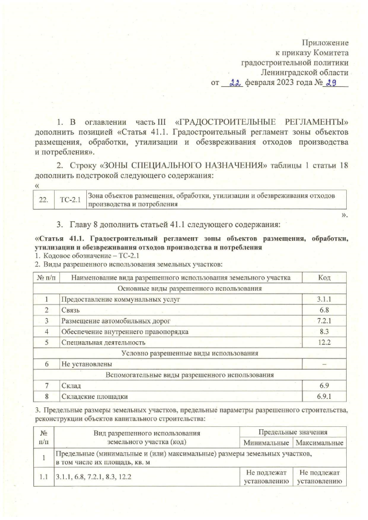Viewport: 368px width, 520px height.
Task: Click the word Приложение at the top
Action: tap(325, 43)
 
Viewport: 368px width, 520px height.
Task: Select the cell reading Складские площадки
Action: tap(95, 396)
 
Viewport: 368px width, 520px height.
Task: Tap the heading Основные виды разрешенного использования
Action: tap(190, 288)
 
